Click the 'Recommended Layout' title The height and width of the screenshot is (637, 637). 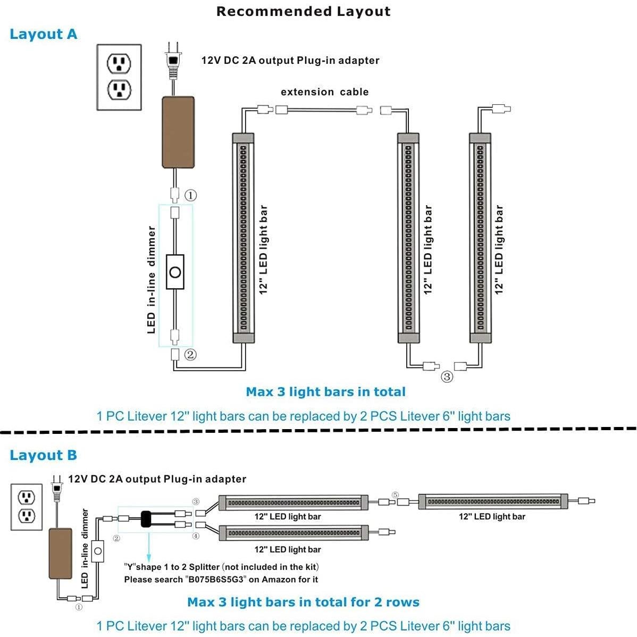click(x=303, y=12)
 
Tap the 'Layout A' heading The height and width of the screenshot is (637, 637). click(x=44, y=35)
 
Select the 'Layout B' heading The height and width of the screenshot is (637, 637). click(x=44, y=456)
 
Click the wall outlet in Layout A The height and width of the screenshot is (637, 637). click(x=119, y=77)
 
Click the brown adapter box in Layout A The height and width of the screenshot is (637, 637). click(x=178, y=132)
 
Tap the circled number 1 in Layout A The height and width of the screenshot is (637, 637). click(x=190, y=195)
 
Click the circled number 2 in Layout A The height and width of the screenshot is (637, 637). click(x=190, y=354)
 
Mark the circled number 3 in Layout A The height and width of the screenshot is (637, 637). click(x=447, y=377)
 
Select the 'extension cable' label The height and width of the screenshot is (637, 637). click(x=324, y=92)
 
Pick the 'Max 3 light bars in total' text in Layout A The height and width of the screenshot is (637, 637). click(x=325, y=392)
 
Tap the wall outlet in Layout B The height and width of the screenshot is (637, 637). click(x=27, y=507)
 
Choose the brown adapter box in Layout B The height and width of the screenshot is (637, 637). click(x=60, y=554)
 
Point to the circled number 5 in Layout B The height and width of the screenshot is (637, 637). click(x=395, y=494)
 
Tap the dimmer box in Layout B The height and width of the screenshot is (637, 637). click(x=98, y=551)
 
